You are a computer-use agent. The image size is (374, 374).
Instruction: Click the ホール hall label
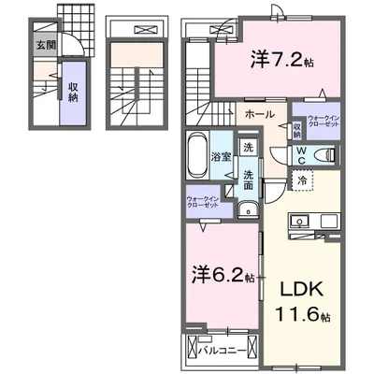point(259,114)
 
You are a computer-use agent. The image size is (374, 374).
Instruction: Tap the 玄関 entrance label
point(46,43)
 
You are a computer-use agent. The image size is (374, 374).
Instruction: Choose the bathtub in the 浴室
point(196,155)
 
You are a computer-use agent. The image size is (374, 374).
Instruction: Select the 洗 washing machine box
point(248,147)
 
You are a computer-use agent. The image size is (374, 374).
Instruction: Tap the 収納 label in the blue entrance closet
point(73,91)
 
